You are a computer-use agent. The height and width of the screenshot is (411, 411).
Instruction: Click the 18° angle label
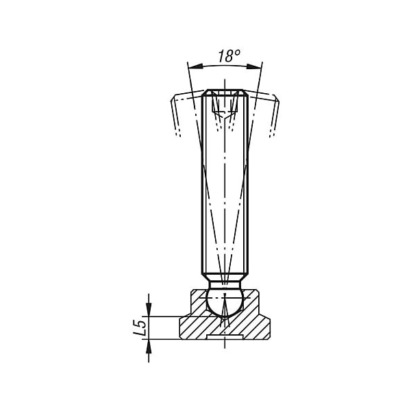coord(229,56)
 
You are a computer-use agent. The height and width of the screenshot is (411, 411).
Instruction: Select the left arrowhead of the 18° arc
coord(195,66)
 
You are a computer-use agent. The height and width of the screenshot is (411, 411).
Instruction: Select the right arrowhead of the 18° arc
coord(254,66)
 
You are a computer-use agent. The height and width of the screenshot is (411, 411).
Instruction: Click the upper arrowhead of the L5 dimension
coord(149,310)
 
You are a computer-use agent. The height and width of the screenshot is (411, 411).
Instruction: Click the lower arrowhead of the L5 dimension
coord(149,346)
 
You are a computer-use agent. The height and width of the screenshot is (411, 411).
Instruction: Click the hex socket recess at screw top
coord(225,103)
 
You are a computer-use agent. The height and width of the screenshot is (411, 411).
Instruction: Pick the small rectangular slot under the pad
coord(225,337)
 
